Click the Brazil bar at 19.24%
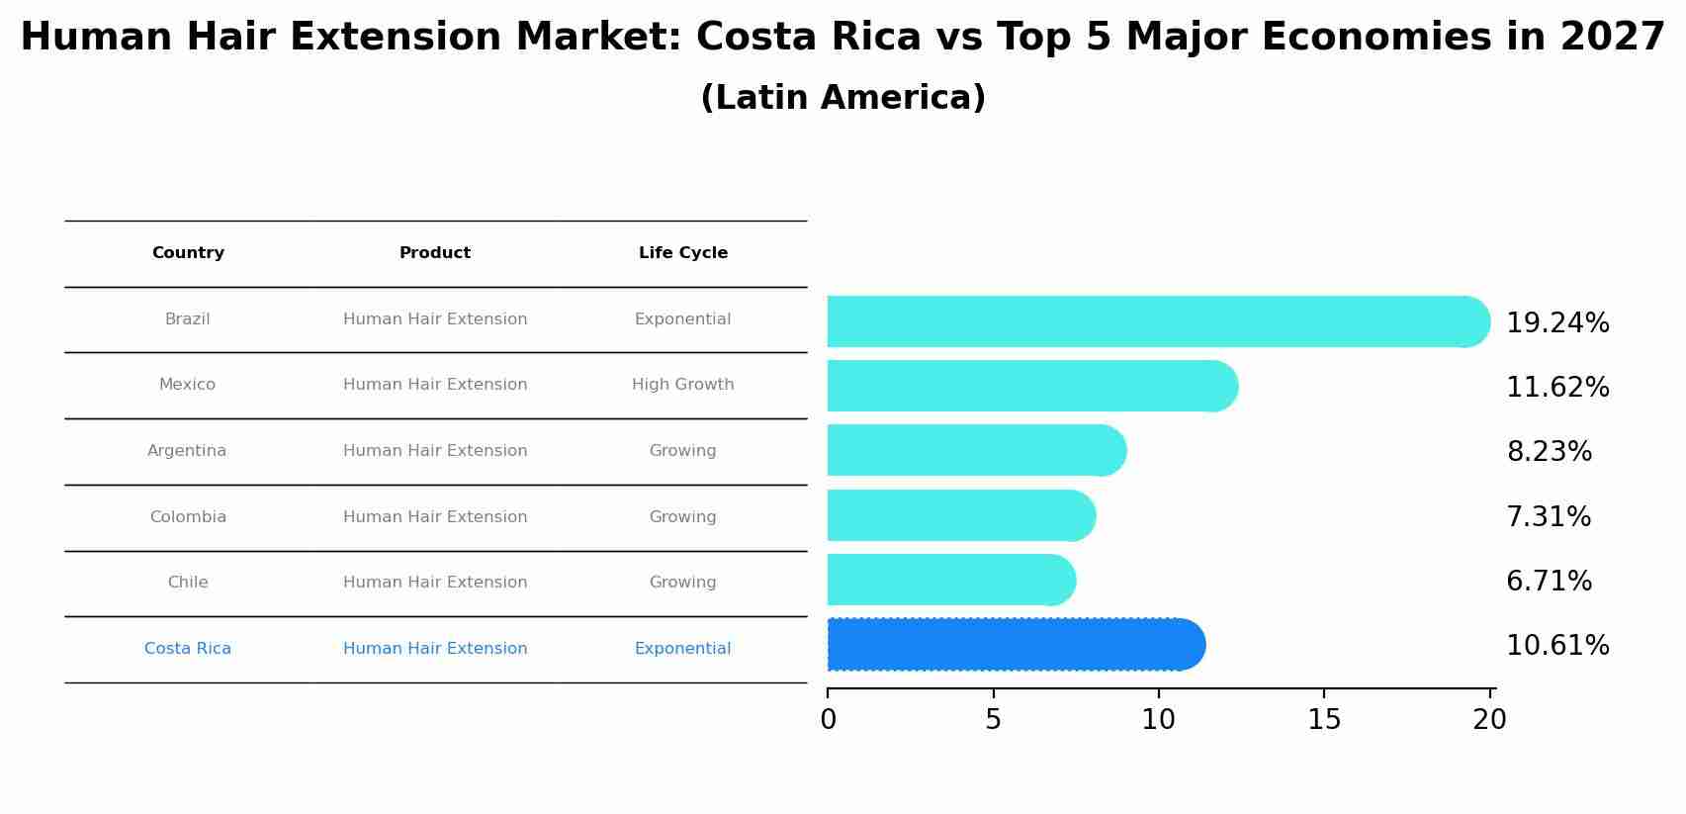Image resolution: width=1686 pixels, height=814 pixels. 1157,321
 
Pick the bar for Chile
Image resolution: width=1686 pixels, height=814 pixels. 950,580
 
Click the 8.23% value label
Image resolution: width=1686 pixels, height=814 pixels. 1549,452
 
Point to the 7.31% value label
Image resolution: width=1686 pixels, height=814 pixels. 1548,517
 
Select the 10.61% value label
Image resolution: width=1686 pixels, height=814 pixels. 1556,646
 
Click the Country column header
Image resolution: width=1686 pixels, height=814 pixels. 188,253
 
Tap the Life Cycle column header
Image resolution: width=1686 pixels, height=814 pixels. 682,253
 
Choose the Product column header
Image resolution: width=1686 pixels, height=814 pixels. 434,253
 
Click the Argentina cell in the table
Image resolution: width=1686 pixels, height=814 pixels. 187,451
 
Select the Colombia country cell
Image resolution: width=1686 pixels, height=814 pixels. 188,517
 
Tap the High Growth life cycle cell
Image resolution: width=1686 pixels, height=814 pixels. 682,385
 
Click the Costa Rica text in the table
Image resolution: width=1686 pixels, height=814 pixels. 188,649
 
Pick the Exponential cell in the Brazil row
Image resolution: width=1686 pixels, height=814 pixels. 682,319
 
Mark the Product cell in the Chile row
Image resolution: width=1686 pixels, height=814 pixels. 434,583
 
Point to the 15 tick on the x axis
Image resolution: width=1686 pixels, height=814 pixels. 1324,720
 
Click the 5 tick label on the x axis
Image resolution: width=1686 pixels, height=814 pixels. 993,720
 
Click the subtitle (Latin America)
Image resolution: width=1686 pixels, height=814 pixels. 843,98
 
